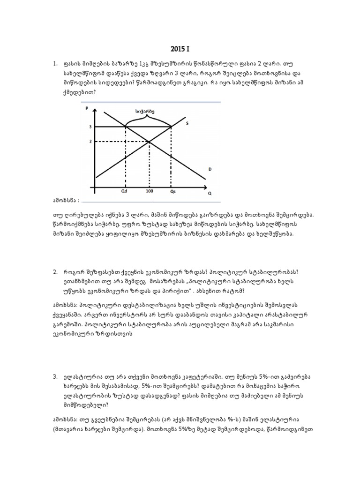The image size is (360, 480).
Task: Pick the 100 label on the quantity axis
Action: pos(149,191)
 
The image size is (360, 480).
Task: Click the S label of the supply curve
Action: pos(187,124)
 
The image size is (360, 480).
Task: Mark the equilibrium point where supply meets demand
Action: pos(149,141)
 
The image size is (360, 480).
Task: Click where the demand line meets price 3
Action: pos(126,127)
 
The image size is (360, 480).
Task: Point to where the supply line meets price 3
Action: pos(171,127)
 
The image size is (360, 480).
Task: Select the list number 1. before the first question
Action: pos(55,63)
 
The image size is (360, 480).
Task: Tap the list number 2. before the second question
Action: pos(55,271)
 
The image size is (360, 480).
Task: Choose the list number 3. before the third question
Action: pos(55,376)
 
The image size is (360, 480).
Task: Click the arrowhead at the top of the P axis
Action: pos(95,109)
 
